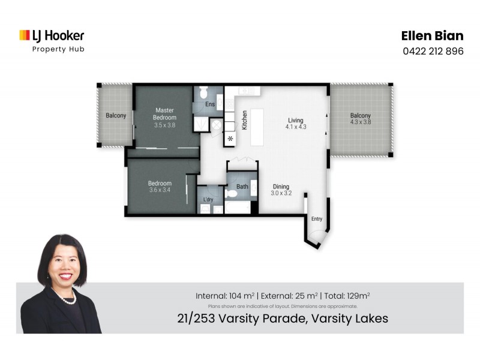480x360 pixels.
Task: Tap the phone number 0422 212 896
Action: [433, 51]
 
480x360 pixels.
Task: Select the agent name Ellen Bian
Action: [432, 36]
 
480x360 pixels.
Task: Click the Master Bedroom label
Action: [164, 113]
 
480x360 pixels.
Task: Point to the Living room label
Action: [296, 121]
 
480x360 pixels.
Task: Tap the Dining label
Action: [281, 186]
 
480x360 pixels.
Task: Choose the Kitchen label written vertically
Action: [245, 121]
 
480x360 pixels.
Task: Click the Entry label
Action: [316, 219]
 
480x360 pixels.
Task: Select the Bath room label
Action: [242, 187]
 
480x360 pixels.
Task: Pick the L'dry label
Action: [208, 199]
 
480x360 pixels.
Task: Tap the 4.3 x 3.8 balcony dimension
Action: [361, 122]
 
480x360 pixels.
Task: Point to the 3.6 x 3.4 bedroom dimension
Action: [160, 190]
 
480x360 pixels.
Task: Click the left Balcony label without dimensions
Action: [116, 115]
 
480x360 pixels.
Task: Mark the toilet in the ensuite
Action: [202, 93]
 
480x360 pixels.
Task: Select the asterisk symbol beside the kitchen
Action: [230, 139]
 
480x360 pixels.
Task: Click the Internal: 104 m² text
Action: [225, 295]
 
